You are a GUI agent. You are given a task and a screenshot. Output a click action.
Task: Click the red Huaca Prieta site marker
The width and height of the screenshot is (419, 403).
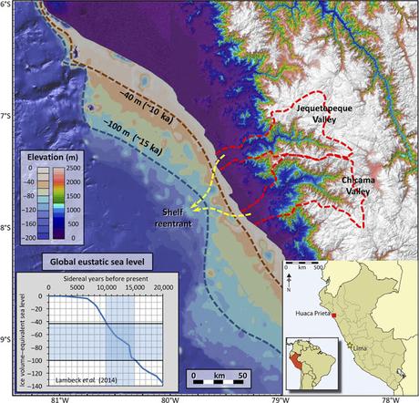coord(335,315)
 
